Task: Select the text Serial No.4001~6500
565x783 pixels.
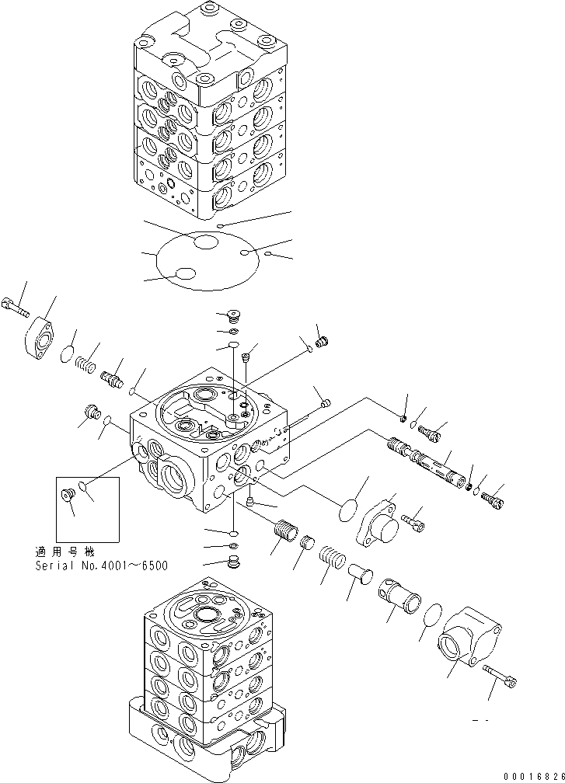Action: [101, 565]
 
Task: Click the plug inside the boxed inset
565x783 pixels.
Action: [67, 493]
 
